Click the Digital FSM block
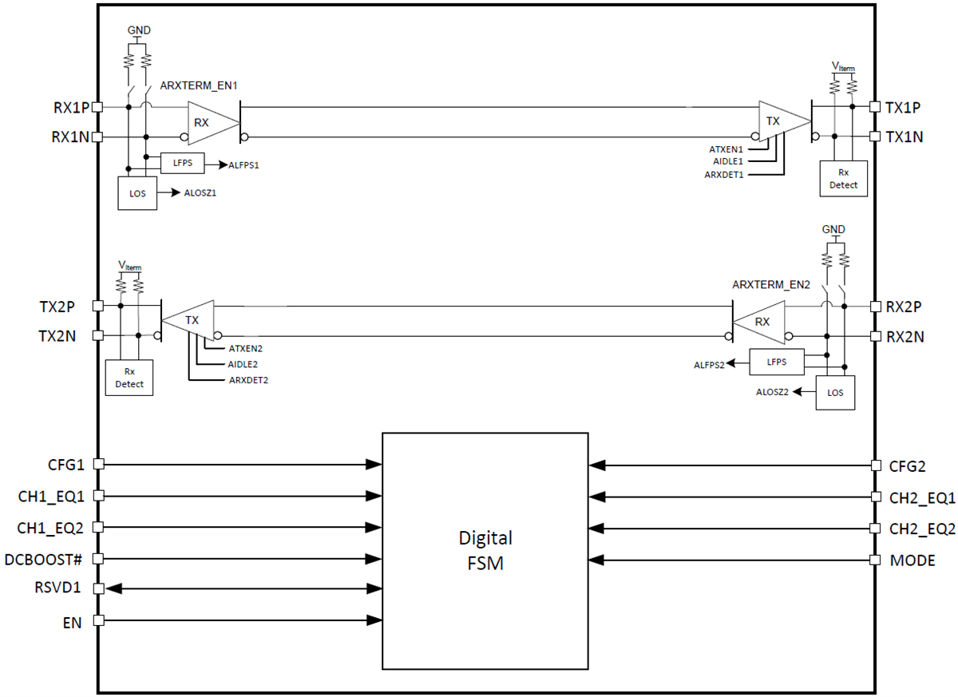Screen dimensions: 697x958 [x=485, y=550]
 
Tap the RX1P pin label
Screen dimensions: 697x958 [x=70, y=106]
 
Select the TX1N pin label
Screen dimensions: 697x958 [x=905, y=137]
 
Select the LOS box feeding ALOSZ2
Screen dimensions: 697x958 [x=835, y=392]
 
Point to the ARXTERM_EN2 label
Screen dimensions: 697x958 [x=771, y=285]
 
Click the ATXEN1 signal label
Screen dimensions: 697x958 [x=726, y=149]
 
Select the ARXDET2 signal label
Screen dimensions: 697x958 [x=248, y=380]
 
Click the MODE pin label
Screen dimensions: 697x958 [x=912, y=560]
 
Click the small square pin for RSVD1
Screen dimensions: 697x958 [x=98, y=588]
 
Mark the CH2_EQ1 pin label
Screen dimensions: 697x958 [x=922, y=497]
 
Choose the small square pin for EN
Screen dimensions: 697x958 [x=98, y=620]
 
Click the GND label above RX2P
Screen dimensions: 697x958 [x=833, y=230]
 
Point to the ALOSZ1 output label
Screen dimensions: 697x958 [x=200, y=193]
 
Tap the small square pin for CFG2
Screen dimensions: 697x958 [x=875, y=465]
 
